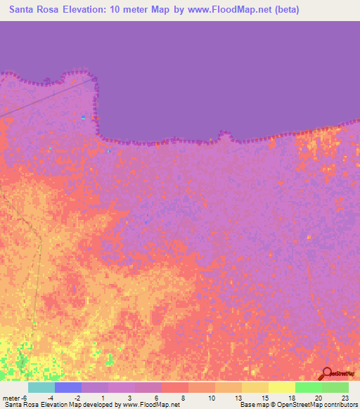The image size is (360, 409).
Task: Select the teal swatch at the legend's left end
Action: click(x=41, y=387)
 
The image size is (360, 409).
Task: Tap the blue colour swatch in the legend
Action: click(x=68, y=387)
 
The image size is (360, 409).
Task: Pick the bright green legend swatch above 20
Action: click(x=308, y=387)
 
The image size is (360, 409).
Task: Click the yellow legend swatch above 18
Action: click(x=281, y=387)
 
